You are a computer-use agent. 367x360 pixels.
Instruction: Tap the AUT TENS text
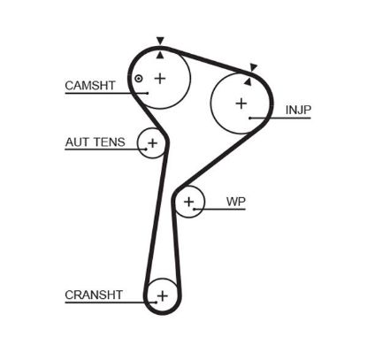click(88, 142)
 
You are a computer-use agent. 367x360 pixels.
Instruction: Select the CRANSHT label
click(92, 295)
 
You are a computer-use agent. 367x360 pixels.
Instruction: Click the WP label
click(235, 202)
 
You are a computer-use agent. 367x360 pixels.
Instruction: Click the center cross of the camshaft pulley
click(160, 78)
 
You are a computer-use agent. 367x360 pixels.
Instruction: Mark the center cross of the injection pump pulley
click(241, 103)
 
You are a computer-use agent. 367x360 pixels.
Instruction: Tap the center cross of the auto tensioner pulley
click(152, 142)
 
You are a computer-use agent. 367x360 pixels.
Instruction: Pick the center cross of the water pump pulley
click(188, 203)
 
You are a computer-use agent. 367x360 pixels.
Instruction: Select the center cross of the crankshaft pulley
click(161, 295)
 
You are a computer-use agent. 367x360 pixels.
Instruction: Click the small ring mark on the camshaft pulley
click(139, 80)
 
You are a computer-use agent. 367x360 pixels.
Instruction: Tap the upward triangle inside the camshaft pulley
click(160, 54)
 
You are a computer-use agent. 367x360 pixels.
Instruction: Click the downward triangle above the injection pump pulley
click(253, 66)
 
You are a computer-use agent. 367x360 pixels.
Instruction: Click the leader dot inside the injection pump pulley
click(251, 118)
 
